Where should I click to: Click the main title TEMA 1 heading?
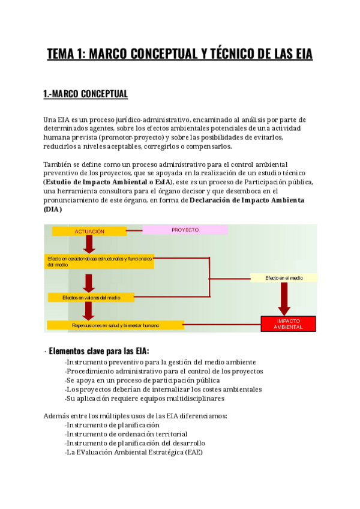click(x=180, y=55)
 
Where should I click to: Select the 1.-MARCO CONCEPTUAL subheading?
click(x=86, y=94)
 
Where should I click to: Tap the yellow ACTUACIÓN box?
click(x=89, y=231)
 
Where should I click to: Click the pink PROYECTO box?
click(x=185, y=230)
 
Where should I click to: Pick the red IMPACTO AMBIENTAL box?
click(x=288, y=324)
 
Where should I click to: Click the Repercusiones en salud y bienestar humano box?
click(x=116, y=325)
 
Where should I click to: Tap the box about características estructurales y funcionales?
click(x=100, y=261)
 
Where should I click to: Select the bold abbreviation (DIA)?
click(x=53, y=210)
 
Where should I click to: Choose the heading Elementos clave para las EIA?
click(x=99, y=351)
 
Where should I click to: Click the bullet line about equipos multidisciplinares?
click(x=145, y=398)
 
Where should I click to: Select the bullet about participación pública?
click(x=143, y=380)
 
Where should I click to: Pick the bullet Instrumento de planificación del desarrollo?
click(x=136, y=443)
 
